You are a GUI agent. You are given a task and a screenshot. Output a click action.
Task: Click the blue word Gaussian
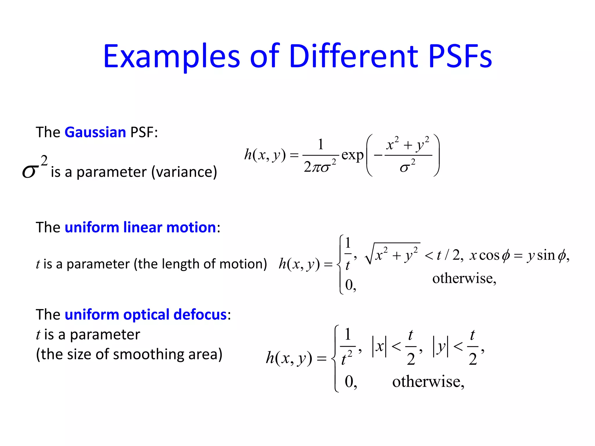[x=95, y=132]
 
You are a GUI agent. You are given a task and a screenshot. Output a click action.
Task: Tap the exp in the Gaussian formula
[x=352, y=155]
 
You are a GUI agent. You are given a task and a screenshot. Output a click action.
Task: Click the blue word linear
[x=142, y=227]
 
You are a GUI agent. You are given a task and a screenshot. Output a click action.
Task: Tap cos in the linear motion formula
[x=489, y=256]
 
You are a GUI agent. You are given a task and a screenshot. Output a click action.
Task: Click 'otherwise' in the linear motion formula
[x=464, y=279]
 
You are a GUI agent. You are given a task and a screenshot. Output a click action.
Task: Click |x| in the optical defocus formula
[x=379, y=346]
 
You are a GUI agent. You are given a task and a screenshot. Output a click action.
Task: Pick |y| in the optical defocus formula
[x=440, y=346]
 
